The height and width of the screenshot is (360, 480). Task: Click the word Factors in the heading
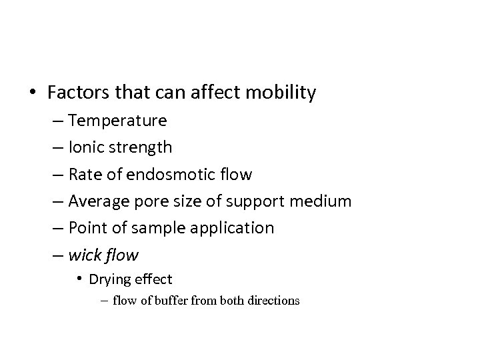(76, 93)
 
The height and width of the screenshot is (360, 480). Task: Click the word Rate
(83, 175)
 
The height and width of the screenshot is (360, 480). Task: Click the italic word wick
(84, 255)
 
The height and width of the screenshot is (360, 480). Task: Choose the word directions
(270, 301)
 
